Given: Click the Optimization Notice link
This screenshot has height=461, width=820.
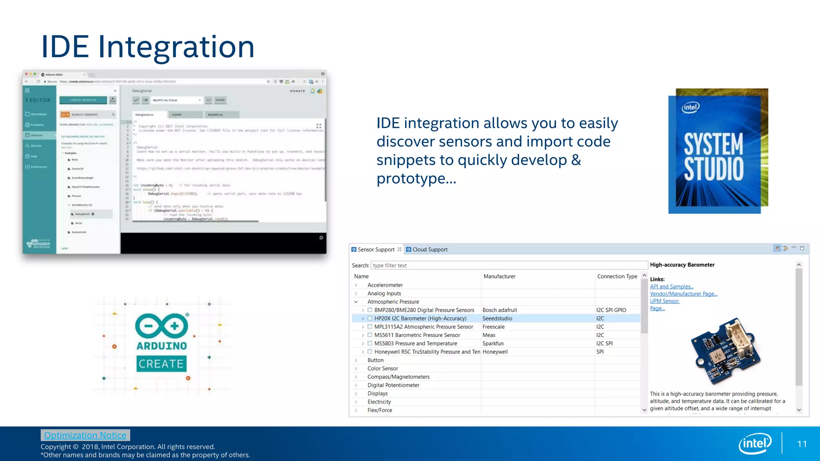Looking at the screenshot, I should click(85, 435).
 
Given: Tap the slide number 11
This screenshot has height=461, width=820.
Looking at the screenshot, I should click(802, 444).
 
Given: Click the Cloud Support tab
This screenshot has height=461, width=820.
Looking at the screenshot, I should click(430, 249).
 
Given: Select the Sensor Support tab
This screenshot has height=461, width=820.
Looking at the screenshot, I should click(376, 249).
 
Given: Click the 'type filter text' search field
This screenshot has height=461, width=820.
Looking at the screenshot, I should click(508, 265).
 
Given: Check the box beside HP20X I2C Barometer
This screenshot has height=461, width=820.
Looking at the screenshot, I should click(370, 319).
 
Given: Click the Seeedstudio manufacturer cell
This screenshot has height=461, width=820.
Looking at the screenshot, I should click(497, 319).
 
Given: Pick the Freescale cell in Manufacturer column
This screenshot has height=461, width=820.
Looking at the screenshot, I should click(493, 327).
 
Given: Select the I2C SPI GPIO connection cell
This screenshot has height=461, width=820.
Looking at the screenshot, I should click(611, 310).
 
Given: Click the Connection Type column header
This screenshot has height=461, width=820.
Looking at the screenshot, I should click(617, 276).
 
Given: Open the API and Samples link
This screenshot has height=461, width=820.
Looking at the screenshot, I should click(671, 287).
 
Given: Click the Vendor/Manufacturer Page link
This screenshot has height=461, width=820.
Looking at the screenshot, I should click(683, 294).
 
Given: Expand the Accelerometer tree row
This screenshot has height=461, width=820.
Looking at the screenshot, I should click(356, 285).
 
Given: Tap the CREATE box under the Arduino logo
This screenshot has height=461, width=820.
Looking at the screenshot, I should click(161, 364).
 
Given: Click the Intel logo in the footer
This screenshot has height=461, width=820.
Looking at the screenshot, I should click(755, 443).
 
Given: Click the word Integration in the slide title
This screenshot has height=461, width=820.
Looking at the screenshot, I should click(176, 47).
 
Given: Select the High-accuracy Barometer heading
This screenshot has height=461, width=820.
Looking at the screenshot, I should click(682, 265).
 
